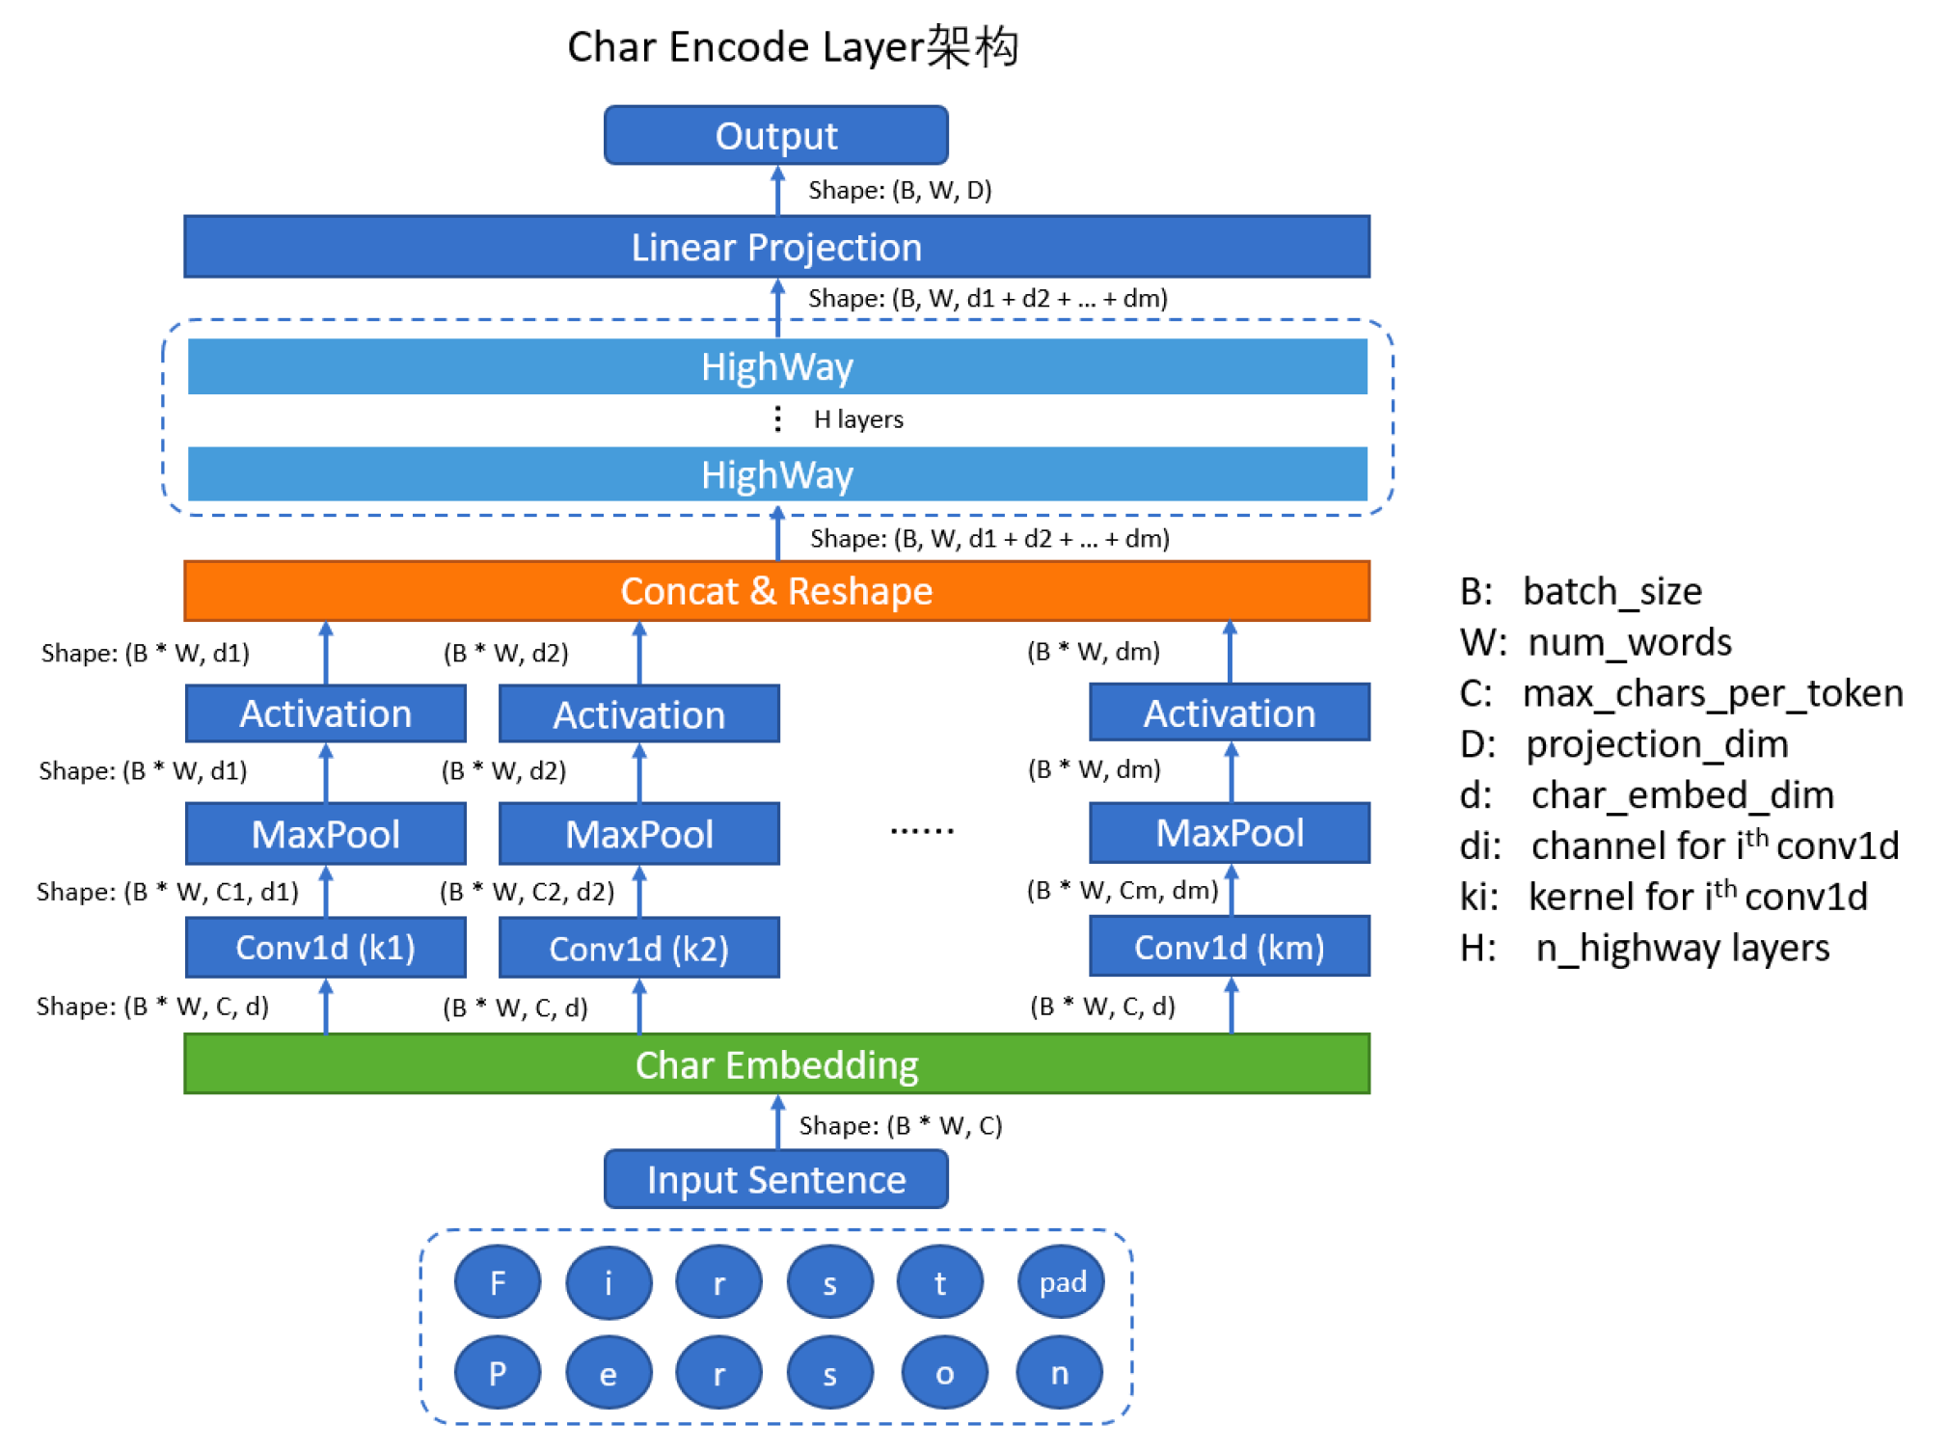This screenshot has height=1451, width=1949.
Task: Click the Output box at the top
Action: (x=775, y=135)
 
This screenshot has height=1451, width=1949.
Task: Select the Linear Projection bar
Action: (x=775, y=247)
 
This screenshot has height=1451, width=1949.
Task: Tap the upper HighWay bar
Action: (x=775, y=366)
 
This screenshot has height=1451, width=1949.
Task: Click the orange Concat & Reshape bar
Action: (x=775, y=591)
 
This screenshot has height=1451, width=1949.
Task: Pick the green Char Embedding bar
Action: (x=775, y=1064)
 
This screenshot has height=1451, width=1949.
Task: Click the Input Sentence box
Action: (x=775, y=1179)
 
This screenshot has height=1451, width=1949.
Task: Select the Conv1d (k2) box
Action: (x=638, y=949)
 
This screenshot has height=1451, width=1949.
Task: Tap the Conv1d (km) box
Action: (x=1229, y=947)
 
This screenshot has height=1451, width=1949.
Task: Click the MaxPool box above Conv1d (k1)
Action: (x=325, y=834)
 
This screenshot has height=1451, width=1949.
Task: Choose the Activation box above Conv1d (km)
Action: (x=1229, y=713)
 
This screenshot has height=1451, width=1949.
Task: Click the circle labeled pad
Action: (x=1061, y=1282)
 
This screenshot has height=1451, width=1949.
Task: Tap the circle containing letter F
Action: (x=497, y=1282)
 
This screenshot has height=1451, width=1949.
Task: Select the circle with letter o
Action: (x=944, y=1373)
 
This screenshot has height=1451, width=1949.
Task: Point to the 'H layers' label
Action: (x=857, y=419)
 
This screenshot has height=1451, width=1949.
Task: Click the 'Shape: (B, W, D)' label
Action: (x=899, y=190)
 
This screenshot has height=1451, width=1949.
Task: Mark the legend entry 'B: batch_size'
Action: (x=1582, y=591)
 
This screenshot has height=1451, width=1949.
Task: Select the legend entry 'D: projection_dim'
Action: (x=1624, y=743)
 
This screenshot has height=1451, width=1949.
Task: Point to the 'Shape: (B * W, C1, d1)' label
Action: (x=167, y=892)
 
